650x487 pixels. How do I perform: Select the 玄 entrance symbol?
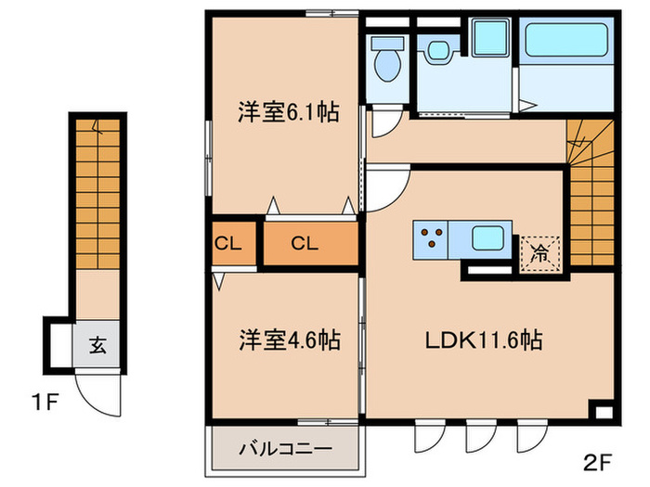(x=97, y=347)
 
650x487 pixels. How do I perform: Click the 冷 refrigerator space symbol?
(x=539, y=250)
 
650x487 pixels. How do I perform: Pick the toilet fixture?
(x=385, y=60)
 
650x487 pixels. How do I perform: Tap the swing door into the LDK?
(x=385, y=189)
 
